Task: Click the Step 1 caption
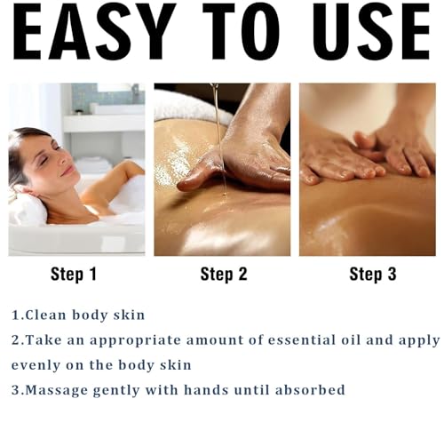pos(74,274)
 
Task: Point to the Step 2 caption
pos(224,274)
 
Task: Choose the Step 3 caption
pos(373,274)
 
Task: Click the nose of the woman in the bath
pos(62,160)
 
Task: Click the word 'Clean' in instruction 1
pos(45,315)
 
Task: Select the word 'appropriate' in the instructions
pos(135,341)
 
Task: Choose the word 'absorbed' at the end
pos(310,389)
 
